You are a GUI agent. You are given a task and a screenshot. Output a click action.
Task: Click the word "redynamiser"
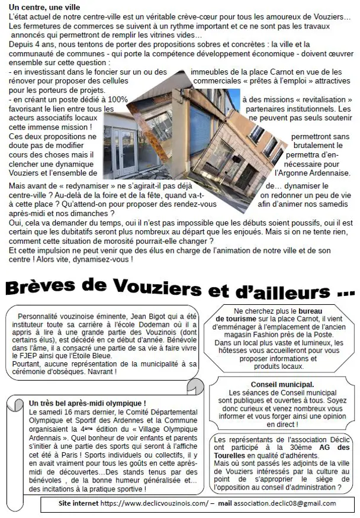pyautogui.click(x=72, y=186)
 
